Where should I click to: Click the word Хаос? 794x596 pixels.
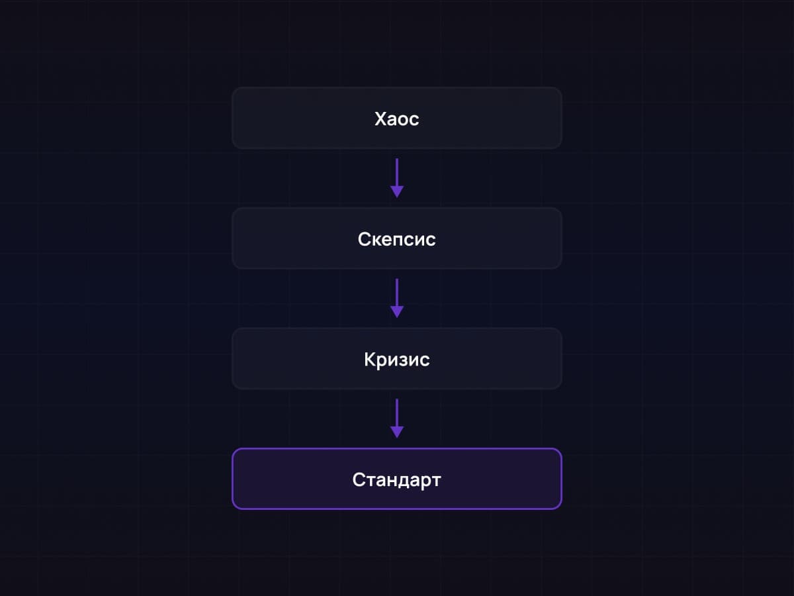click(x=397, y=119)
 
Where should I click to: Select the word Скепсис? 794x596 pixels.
click(x=397, y=239)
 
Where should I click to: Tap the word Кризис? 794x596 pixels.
click(x=397, y=360)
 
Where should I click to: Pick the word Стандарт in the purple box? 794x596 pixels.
click(x=397, y=480)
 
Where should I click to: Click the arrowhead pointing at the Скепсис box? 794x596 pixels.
click(x=397, y=192)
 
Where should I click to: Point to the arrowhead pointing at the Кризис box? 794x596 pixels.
click(x=397, y=312)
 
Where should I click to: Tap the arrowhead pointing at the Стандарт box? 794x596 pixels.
click(x=397, y=432)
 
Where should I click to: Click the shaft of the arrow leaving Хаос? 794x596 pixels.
click(x=397, y=173)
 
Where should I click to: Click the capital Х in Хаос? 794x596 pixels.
click(x=380, y=119)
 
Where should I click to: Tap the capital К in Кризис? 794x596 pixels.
click(x=370, y=359)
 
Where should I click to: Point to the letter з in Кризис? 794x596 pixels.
click(x=406, y=361)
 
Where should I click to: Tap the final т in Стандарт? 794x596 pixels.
click(x=436, y=481)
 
